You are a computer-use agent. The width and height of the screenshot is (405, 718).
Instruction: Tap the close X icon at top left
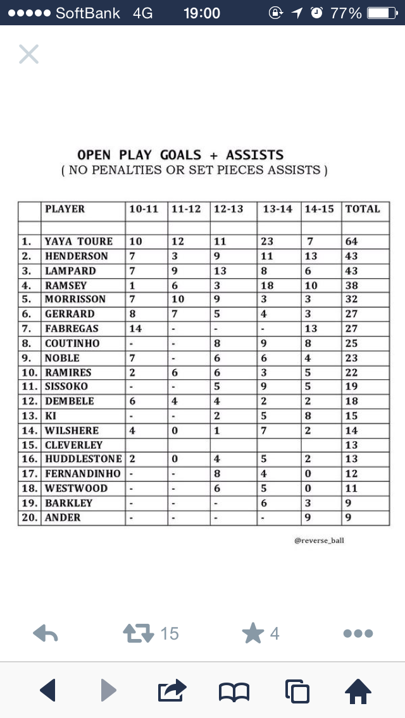point(28,54)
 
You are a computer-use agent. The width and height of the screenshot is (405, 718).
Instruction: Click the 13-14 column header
point(278,209)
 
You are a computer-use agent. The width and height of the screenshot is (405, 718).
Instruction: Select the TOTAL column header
point(363,209)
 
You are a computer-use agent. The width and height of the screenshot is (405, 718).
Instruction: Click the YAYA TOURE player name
point(78,241)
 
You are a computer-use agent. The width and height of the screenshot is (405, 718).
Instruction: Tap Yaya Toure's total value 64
point(351,241)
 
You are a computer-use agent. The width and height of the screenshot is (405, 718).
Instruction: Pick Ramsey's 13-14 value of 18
point(267,286)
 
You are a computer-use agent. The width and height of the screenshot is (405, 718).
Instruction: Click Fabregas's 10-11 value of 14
point(135,329)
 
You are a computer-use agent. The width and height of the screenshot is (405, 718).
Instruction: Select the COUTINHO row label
point(72,343)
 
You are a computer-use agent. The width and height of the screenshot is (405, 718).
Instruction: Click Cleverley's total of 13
point(351,445)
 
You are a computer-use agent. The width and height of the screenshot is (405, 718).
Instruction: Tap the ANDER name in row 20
point(63,518)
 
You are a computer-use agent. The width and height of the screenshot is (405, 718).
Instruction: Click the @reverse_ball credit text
point(320,541)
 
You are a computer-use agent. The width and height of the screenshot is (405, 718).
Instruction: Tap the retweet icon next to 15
point(139,633)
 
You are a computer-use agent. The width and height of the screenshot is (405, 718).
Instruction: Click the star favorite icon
point(252,633)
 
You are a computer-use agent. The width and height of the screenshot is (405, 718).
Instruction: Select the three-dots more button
point(358,633)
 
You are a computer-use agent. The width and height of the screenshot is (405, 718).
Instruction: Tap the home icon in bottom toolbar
point(358,691)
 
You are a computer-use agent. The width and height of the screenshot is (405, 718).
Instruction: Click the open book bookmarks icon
point(234,691)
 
